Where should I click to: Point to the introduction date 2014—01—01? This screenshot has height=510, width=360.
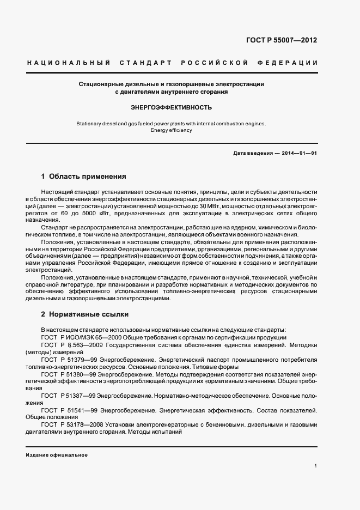(x=300, y=153)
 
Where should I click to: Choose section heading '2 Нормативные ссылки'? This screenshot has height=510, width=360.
(x=85, y=314)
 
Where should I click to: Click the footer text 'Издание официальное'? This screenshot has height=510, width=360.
(x=57, y=455)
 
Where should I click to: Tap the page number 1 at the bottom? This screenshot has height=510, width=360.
(x=315, y=466)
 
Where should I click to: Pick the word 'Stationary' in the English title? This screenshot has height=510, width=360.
(x=91, y=124)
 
